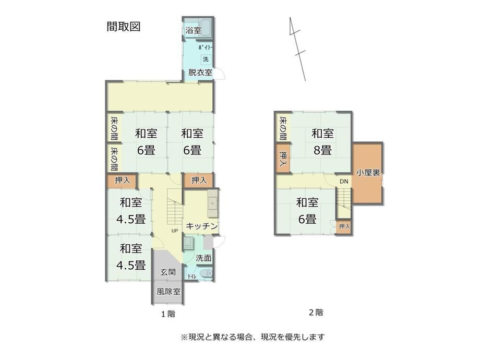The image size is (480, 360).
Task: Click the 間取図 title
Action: coord(123,27)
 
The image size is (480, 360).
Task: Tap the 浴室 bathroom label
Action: coord(193,31)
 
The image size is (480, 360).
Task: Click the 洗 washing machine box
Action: coord(206,59)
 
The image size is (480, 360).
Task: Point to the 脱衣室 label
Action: coord(200,73)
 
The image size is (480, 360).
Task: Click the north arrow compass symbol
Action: coord(297,49)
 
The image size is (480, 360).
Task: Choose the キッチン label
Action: coord(202,226)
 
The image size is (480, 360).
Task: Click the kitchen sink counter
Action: coord(212,203)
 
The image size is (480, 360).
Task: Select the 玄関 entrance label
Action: coord(168,272)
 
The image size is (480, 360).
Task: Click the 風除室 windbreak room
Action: coord(168,292)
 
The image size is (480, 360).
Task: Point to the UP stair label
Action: coord(174,231)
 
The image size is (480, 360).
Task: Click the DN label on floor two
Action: coord(344,182)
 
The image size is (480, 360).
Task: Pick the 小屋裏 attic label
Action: coord(368,173)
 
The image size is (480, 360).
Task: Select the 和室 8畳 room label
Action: coord(322,142)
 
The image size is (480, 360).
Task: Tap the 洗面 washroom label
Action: coord(203,258)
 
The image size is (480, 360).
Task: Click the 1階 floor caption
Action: coord(168,314)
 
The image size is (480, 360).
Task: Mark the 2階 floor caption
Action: coord(316,313)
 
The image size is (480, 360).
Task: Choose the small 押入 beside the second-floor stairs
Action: coord(344,227)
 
